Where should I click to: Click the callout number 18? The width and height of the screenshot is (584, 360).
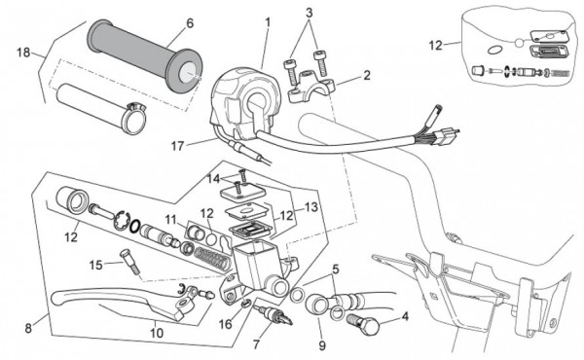point(23,53)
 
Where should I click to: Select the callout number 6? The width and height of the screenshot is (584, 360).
point(190,23)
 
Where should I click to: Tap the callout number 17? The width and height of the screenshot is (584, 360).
point(178,146)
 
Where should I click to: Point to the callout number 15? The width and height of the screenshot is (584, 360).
point(95,265)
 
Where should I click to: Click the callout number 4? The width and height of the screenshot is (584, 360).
point(405,317)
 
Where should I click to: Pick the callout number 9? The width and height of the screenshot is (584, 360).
point(322,345)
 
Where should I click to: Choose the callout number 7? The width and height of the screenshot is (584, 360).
point(256,345)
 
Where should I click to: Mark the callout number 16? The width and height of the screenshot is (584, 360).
point(226,324)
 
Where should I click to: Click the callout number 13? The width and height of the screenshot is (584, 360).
point(311,207)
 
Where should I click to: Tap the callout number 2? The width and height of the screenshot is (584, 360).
point(367,75)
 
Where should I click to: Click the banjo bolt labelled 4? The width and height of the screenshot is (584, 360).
point(363,322)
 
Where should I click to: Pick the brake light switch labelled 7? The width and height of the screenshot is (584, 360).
point(273,314)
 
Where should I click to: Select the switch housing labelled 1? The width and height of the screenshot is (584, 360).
point(246,102)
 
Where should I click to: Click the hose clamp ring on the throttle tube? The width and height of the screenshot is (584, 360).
point(134,118)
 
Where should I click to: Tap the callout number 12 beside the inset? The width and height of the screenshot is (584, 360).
point(435,46)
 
